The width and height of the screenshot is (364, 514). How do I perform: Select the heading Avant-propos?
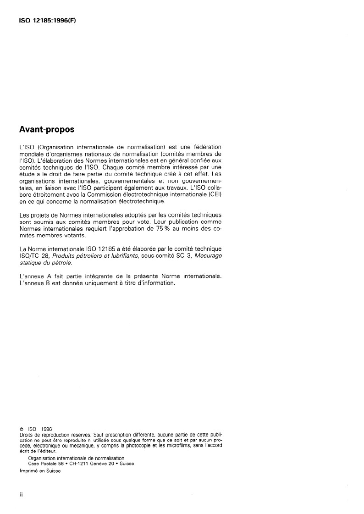48,130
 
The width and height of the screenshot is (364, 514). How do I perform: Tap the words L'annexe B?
35,283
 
